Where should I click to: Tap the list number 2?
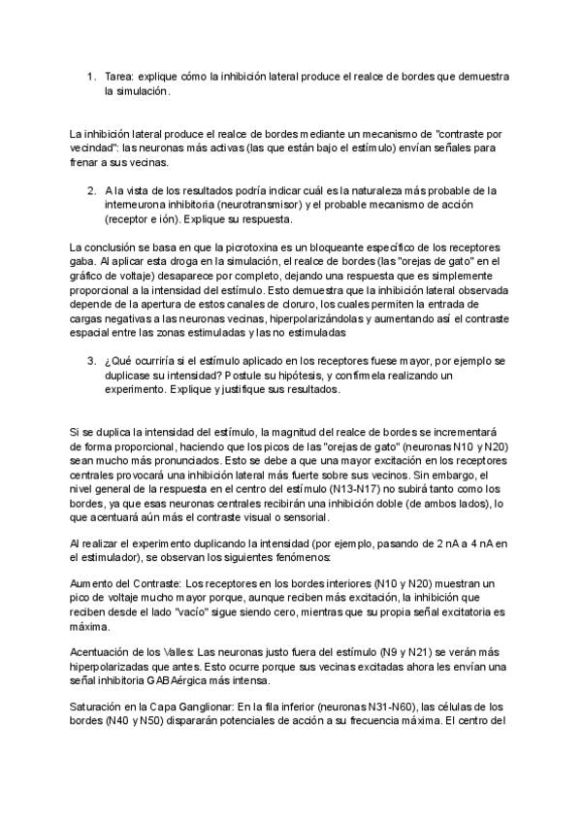click(90, 190)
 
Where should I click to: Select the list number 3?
click(90, 360)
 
